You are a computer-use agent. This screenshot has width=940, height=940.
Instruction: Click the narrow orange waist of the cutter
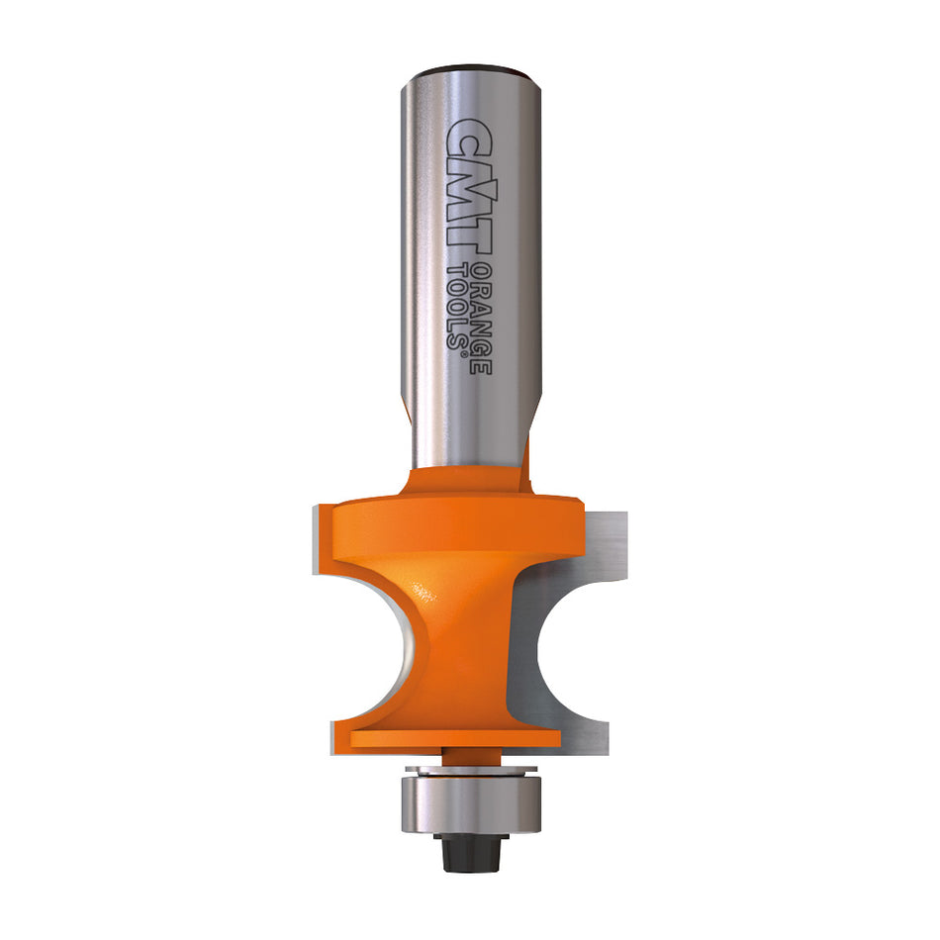pos(465,633)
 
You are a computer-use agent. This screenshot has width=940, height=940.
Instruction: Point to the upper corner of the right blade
pos(619,516)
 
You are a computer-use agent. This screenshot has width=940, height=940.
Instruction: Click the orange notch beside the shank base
pos(528,458)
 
